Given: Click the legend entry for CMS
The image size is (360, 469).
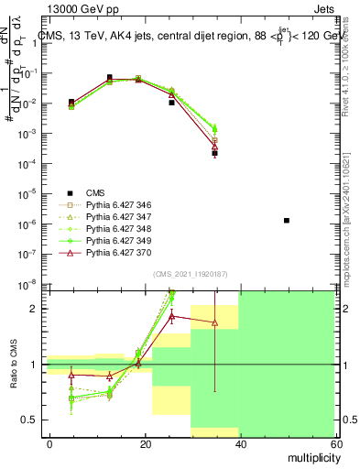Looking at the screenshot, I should pyautogui.click(x=95, y=192).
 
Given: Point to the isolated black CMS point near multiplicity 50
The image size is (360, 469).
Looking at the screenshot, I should pyautogui.click(x=287, y=220).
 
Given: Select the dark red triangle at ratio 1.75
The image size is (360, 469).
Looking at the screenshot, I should pyautogui.click(x=214, y=322).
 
